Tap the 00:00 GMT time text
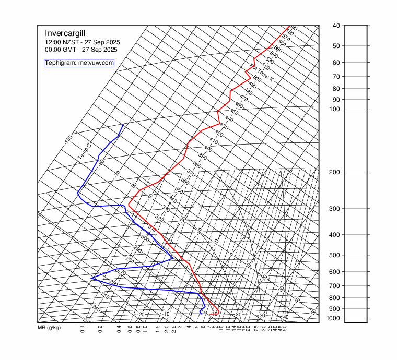pos(81,50)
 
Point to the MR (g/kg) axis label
pos(49,328)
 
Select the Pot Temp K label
pos(262,73)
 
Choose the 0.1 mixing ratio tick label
pos(83,329)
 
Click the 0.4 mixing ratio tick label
pos(119,329)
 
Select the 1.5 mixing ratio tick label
pos(158,329)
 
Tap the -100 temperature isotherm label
pos(68,140)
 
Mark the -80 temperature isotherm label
pos(101,162)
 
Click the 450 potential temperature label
pos(234,112)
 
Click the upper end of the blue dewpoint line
pos(123,124)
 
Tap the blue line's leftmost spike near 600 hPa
pos(91,278)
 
